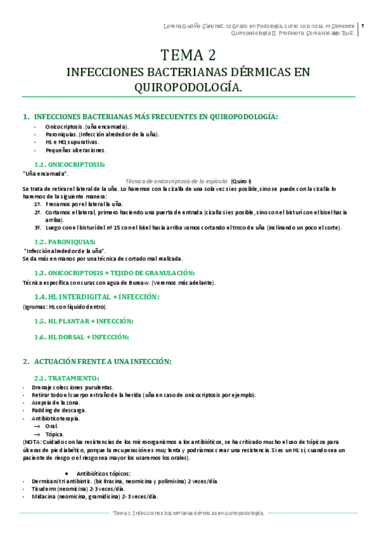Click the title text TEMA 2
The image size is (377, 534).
click(189, 55)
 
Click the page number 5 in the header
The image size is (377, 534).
click(363, 26)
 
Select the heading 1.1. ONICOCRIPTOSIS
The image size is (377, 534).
click(70, 164)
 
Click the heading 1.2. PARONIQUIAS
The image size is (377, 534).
click(65, 242)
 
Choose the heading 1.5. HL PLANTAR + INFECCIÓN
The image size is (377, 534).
click(84, 321)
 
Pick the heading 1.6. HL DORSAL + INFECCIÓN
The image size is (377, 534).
click(82, 337)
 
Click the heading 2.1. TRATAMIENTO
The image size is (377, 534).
click(68, 378)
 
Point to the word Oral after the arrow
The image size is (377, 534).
click(52, 426)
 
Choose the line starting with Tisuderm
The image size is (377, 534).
click(78, 489)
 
